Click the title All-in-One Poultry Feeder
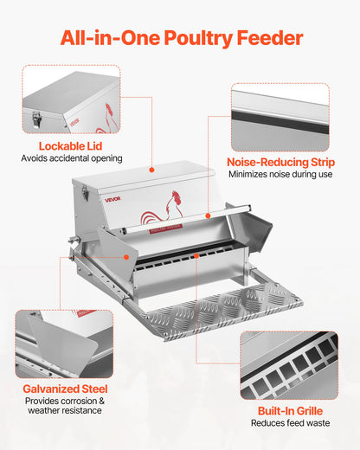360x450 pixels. pos(180,38)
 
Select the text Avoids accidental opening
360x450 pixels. pos(71,158)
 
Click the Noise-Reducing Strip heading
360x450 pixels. pos(280,161)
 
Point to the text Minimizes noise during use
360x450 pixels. pos(280,174)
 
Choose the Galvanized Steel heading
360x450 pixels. pos(65,389)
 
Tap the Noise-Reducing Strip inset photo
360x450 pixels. pos(280,117)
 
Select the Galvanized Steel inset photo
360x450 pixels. pos(65,344)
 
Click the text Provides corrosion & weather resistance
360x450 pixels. pos(65,405)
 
